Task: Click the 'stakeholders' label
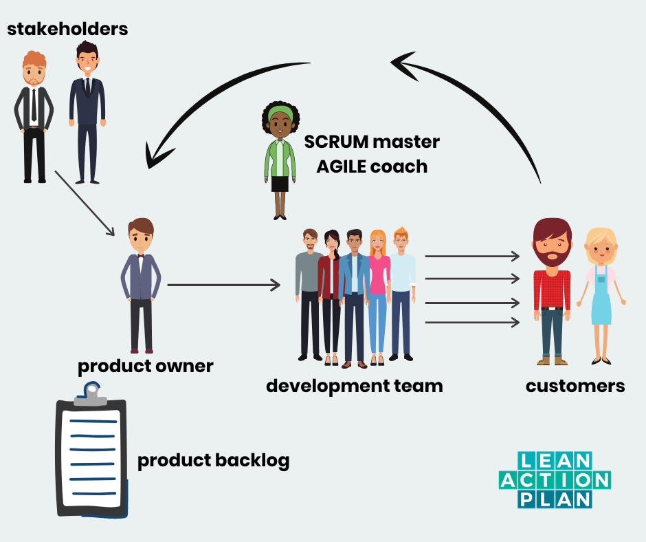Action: point(67,29)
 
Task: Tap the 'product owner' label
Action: point(145,366)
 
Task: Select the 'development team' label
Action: point(354,385)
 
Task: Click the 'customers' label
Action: point(575,385)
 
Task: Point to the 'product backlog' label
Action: point(213,460)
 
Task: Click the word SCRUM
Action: point(336,142)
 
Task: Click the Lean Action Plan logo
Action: point(555,479)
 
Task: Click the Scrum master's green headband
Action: point(279,110)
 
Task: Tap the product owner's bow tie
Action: point(141,255)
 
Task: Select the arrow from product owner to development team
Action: point(223,284)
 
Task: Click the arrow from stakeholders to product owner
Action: point(84,203)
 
